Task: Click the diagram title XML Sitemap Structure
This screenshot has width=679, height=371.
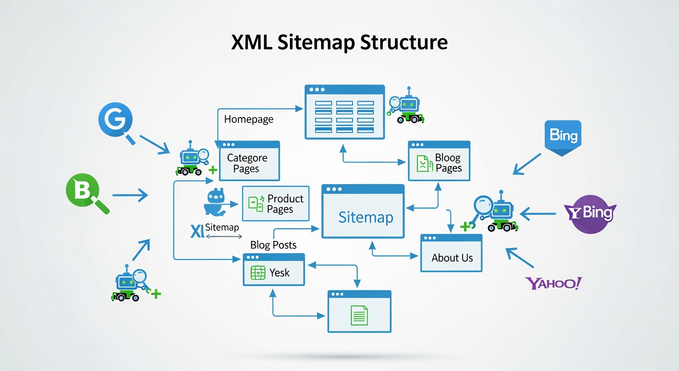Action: click(x=339, y=43)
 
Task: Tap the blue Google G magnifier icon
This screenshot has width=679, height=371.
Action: click(x=116, y=119)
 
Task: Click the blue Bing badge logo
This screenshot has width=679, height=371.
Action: click(x=563, y=136)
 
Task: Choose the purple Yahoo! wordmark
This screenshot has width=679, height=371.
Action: click(x=553, y=283)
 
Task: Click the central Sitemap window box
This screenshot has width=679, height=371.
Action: click(x=363, y=212)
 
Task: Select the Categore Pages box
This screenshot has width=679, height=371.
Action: click(x=247, y=161)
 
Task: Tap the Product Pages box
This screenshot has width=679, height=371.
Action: click(x=275, y=203)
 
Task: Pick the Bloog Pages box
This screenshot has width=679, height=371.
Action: click(x=439, y=161)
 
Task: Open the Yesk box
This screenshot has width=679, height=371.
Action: click(x=273, y=269)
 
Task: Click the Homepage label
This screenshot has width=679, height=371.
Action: click(x=249, y=119)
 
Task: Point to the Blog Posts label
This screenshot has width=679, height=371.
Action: click(x=273, y=245)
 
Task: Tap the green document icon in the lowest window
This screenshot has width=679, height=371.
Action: click(x=359, y=315)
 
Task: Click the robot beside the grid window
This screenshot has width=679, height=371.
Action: click(x=407, y=107)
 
